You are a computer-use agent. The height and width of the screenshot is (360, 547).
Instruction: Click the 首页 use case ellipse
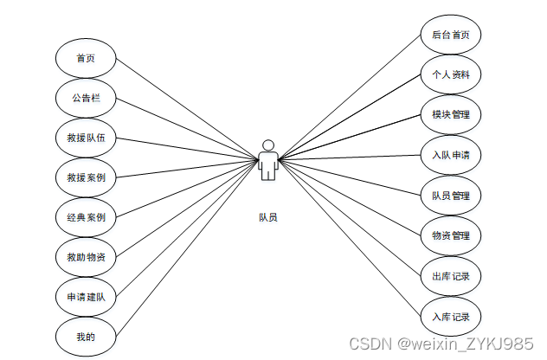tap(85, 58)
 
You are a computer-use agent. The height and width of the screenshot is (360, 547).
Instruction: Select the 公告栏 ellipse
tap(85, 98)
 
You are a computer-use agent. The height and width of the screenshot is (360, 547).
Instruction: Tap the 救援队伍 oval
tap(85, 138)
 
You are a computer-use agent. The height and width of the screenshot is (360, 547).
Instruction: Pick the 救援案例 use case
tap(85, 177)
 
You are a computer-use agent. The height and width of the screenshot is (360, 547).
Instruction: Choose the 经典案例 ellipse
tap(85, 217)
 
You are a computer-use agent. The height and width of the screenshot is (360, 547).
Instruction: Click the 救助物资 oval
tap(85, 257)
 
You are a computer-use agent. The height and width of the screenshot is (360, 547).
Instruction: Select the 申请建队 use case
tap(85, 297)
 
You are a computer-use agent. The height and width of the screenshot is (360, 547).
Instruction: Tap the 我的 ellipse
tap(85, 336)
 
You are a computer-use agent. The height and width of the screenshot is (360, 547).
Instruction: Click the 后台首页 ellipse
tap(450, 35)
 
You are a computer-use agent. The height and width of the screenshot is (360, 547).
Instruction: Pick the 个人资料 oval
tap(450, 74)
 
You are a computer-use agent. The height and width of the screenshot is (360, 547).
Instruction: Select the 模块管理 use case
tap(450, 114)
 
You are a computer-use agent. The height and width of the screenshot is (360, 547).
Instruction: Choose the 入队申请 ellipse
tap(450, 155)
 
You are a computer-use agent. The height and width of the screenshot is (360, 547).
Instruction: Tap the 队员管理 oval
tap(450, 195)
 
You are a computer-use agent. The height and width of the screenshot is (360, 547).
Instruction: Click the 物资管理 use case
tap(450, 235)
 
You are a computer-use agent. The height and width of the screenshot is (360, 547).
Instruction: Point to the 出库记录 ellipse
tap(450, 275)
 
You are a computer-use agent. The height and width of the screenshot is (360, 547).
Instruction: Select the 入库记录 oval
tap(450, 315)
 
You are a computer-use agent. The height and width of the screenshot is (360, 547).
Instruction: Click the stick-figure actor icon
tap(268, 160)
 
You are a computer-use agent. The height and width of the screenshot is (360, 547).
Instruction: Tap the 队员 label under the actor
tap(268, 217)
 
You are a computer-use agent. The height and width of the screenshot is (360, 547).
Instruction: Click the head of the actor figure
tap(268, 145)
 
